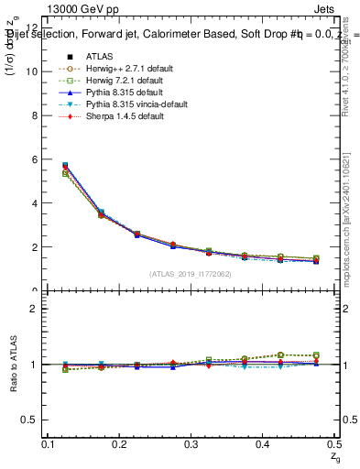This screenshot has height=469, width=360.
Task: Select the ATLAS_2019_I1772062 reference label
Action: (x=191, y=274)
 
